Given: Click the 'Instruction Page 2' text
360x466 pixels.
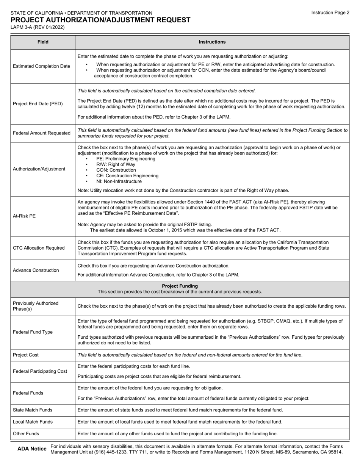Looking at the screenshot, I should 330,13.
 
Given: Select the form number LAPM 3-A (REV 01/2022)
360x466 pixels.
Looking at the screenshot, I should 38,27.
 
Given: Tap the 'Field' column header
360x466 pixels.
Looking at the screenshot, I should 43,42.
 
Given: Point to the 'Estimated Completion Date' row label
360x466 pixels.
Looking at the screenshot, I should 41,66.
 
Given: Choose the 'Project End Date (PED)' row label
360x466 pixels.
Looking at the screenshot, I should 38,104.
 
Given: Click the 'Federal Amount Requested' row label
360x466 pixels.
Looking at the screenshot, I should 42,133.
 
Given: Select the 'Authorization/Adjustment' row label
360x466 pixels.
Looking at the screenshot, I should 39,169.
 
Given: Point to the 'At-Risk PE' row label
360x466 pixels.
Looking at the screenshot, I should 24,216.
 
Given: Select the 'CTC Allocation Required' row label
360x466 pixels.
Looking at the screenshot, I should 39,248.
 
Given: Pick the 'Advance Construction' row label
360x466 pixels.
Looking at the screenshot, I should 36,270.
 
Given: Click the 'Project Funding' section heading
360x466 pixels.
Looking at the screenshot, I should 180,286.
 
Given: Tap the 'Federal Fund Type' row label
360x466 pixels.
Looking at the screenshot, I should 33,332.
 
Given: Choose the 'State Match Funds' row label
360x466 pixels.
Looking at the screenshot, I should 33,410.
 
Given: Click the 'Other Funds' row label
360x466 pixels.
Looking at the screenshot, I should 26,433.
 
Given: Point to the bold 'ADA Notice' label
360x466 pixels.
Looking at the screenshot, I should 32,449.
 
